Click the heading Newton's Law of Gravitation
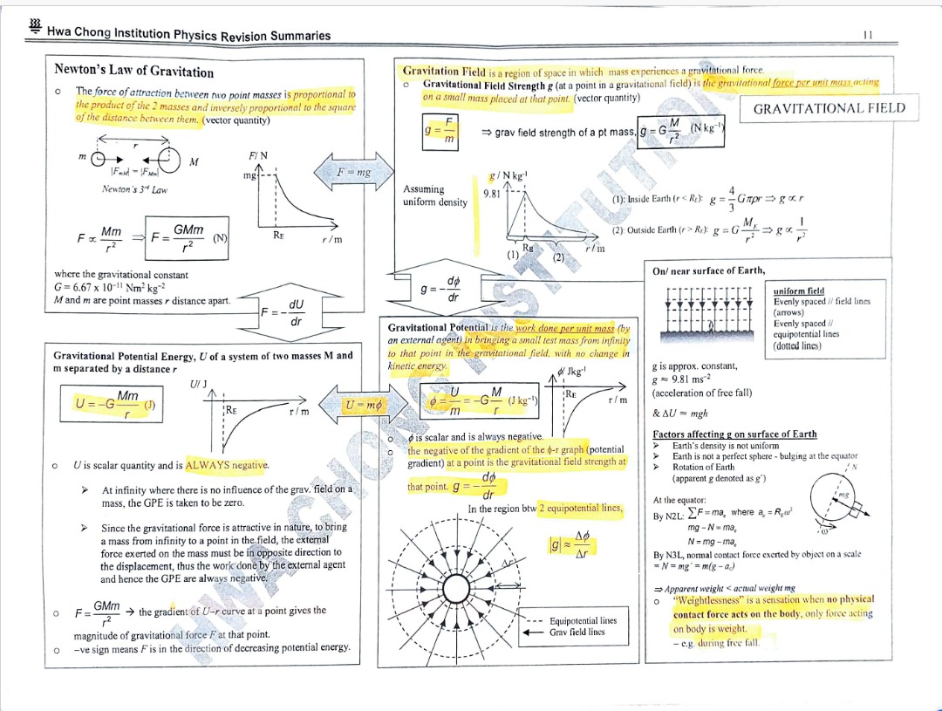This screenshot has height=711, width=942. (133, 71)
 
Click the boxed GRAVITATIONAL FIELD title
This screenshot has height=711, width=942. (829, 108)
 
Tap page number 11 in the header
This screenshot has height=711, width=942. (867, 35)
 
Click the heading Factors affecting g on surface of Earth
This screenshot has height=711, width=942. (734, 434)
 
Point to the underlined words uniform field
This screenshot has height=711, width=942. (798, 291)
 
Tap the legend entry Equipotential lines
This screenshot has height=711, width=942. (583, 620)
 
